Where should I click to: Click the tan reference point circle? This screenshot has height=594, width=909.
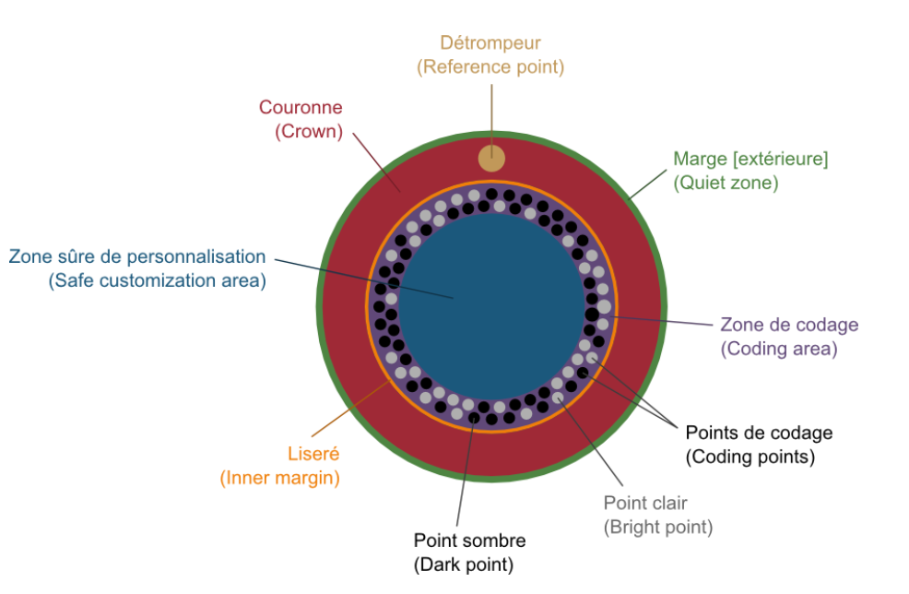[491, 158]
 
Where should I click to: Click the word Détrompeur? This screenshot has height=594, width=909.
[490, 43]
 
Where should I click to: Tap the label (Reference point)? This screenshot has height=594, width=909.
[490, 67]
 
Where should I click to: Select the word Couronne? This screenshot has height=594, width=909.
[301, 107]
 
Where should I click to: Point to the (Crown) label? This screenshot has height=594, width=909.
[309, 132]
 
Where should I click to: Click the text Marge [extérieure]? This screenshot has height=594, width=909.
[750, 159]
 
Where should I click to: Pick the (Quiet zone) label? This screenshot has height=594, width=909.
[726, 184]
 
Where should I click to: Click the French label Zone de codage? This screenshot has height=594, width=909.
[789, 325]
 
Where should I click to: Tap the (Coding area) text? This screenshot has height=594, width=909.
[779, 350]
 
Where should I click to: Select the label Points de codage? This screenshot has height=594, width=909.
[759, 433]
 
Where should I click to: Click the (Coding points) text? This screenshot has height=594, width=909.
[750, 457]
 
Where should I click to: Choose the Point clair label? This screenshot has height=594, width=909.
[645, 503]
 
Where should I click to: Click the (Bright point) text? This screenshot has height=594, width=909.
[658, 528]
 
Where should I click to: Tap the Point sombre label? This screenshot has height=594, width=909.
[469, 541]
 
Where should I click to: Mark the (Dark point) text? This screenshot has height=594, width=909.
[464, 565]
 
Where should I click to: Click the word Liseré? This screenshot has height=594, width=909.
[313, 454]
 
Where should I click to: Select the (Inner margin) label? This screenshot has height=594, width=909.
[279, 479]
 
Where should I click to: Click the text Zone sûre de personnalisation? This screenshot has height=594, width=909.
[137, 256]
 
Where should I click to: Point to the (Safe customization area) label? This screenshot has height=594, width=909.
[157, 280]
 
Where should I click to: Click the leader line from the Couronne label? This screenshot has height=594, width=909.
[376, 162]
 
